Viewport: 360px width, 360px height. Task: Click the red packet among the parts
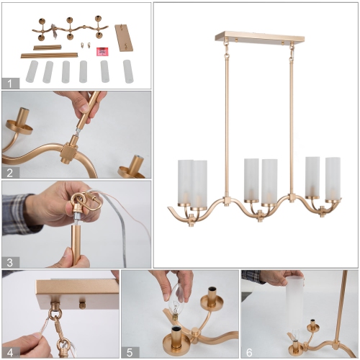[x=102, y=51]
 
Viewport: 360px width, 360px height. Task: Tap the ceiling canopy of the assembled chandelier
[x=256, y=36]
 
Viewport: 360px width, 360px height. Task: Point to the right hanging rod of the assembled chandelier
[x=289, y=115]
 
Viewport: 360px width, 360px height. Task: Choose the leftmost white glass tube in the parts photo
[x=32, y=71]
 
